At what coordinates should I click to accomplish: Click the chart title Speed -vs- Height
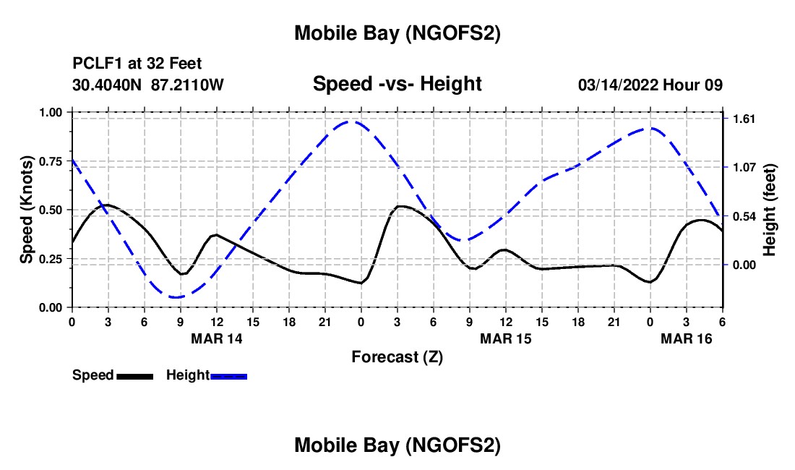click(x=397, y=85)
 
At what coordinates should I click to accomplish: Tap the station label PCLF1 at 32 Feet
click(x=137, y=64)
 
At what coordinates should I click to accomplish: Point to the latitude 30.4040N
click(x=108, y=85)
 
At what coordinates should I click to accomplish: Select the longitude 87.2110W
click(x=187, y=85)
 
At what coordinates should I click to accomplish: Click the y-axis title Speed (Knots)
click(x=27, y=210)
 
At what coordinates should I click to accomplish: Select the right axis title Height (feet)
click(x=769, y=210)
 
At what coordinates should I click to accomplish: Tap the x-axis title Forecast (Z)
click(x=397, y=356)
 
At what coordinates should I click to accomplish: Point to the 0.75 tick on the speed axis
click(x=53, y=161)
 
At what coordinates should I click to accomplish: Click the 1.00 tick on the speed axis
click(x=53, y=112)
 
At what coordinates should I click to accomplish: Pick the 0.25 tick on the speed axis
click(x=53, y=259)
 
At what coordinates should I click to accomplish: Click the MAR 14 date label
click(x=216, y=338)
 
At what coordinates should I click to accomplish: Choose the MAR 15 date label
click(x=505, y=338)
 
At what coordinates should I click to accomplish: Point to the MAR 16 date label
click(x=686, y=338)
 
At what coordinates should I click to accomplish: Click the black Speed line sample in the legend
click(x=134, y=375)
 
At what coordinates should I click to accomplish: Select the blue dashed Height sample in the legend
click(x=228, y=375)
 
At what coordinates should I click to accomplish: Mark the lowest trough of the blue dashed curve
click(x=176, y=297)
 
